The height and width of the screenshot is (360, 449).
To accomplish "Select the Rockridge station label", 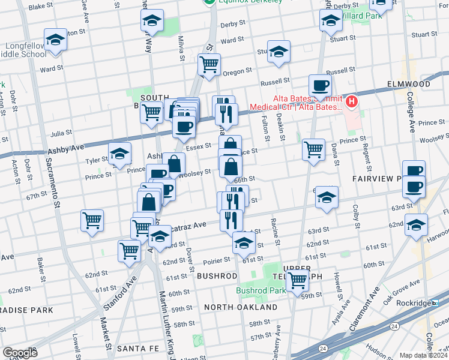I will [x=414, y=303].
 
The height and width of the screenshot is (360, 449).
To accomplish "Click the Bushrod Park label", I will [x=260, y=290].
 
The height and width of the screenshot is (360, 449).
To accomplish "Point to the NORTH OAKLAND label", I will [x=240, y=307].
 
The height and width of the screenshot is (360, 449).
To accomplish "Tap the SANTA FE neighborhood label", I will [x=137, y=348].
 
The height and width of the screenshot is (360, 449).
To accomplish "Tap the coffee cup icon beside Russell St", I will [x=320, y=85].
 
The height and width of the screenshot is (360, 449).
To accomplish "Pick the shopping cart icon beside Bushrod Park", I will [x=297, y=279].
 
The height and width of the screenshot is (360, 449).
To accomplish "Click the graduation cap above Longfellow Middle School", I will [x=56, y=40].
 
